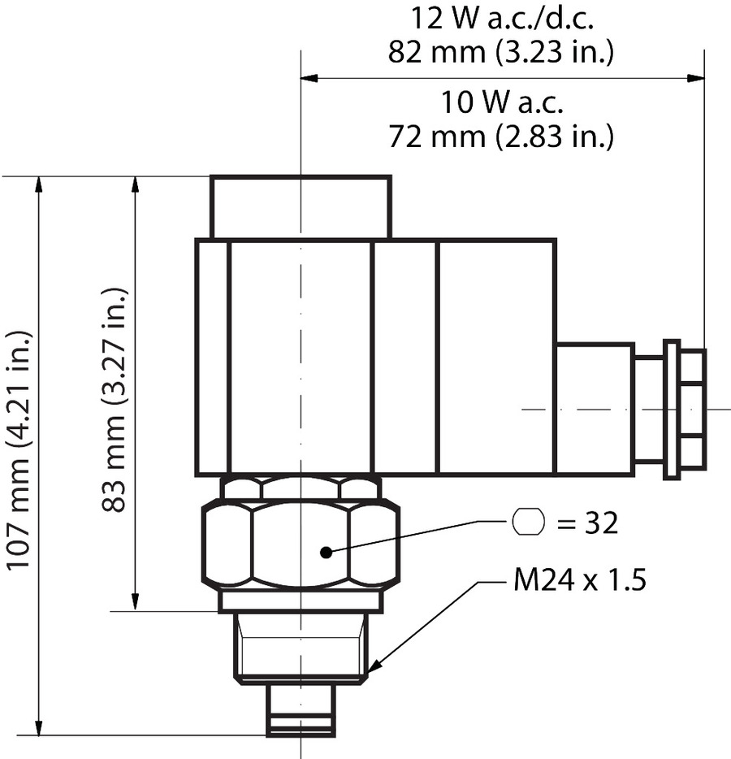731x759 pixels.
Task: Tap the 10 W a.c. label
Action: pos(502,103)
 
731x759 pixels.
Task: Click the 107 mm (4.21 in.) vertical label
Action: pos(18,449)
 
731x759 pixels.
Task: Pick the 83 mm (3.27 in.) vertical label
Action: pos(115,399)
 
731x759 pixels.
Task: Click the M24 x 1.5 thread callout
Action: pos(580,582)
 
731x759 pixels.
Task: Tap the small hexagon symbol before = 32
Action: pos(528,522)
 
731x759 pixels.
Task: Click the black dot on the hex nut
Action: pos(326,553)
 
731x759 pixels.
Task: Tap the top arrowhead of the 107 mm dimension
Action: pos(37,184)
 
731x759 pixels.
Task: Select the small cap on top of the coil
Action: pos(301,206)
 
